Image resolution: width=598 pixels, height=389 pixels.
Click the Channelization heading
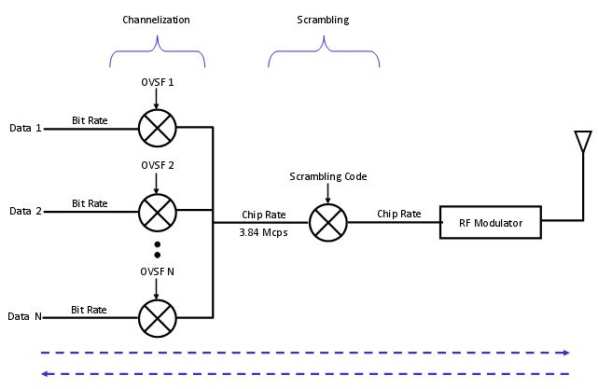157,20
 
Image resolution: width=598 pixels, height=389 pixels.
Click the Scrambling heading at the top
323,20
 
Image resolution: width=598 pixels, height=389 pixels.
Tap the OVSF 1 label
157,83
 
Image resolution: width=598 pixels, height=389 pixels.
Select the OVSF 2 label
157,165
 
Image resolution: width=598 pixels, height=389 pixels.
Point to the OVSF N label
157,271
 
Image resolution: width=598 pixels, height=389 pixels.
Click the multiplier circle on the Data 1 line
157,128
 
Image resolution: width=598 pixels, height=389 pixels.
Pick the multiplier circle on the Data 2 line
157,211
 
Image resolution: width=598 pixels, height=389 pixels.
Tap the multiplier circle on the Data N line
157,316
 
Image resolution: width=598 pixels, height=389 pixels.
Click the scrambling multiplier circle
327,223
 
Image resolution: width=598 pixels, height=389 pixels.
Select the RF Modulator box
491,223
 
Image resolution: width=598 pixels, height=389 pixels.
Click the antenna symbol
583,142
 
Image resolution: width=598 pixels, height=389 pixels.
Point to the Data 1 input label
26,128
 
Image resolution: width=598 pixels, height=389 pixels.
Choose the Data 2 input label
26,211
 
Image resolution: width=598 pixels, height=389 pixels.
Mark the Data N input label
26,317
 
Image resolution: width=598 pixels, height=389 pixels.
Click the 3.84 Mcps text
264,232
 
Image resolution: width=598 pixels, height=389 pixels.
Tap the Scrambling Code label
327,176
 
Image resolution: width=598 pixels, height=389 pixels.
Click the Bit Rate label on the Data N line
90,309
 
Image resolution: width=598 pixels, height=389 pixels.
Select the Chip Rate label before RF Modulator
398,214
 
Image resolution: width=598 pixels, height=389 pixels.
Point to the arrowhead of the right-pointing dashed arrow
565,354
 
